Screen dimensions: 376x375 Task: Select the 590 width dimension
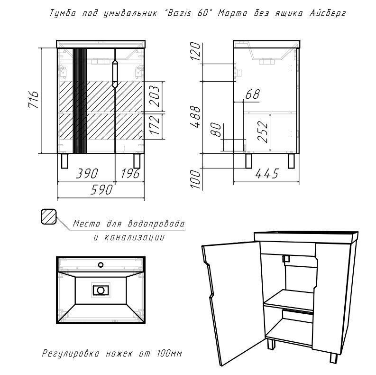pyautogui.click(x=101, y=190)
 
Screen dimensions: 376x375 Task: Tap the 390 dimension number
pyautogui.click(x=87, y=173)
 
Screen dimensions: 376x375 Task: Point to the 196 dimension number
pyautogui.click(x=130, y=173)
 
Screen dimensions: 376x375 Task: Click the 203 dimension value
pyautogui.click(x=155, y=96)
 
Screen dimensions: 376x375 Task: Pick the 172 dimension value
pyautogui.click(x=155, y=125)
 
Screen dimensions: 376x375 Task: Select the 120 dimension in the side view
pyautogui.click(x=195, y=51)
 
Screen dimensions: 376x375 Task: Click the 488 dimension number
pyautogui.click(x=195, y=117)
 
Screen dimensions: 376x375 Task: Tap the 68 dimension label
pyautogui.click(x=253, y=94)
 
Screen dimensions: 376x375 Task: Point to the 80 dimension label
pyautogui.click(x=217, y=130)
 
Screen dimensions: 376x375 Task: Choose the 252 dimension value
pyautogui.click(x=262, y=132)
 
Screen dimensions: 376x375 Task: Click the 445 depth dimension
pyautogui.click(x=267, y=173)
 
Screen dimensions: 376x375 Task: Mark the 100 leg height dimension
pyautogui.click(x=195, y=179)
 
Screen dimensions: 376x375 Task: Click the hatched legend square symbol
pyautogui.click(x=49, y=216)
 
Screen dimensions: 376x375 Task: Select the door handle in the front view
pyautogui.click(x=115, y=74)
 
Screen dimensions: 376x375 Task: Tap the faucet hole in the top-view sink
pyautogui.click(x=101, y=265)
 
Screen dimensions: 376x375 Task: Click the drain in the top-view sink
pyautogui.click(x=101, y=291)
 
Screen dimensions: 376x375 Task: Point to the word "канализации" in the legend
pyautogui.click(x=135, y=237)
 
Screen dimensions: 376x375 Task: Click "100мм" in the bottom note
pyautogui.click(x=170, y=353)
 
